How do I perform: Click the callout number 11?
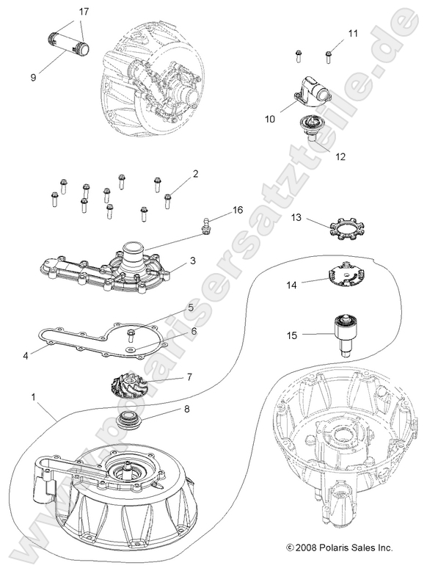click(x=353, y=34)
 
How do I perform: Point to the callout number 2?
click(x=195, y=174)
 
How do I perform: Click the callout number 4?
click(x=26, y=355)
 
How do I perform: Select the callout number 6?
click(x=194, y=332)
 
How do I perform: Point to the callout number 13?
click(x=296, y=218)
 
